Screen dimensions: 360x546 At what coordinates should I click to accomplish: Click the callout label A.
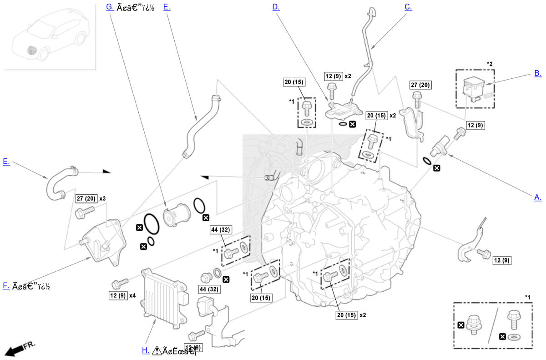tap(537, 197)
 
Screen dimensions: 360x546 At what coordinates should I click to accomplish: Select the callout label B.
tap(537, 73)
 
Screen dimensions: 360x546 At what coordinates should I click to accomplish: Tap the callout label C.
tap(408, 7)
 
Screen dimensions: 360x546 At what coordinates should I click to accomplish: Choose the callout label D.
tap(276, 7)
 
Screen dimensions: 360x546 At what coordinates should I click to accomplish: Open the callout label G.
tap(110, 7)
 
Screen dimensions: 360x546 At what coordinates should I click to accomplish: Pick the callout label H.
tap(145, 350)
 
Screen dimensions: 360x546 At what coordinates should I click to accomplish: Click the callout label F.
tap(6, 286)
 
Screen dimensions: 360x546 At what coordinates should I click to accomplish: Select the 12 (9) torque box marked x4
tap(117, 295)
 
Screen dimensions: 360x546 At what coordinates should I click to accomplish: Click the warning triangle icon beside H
tap(157, 350)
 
